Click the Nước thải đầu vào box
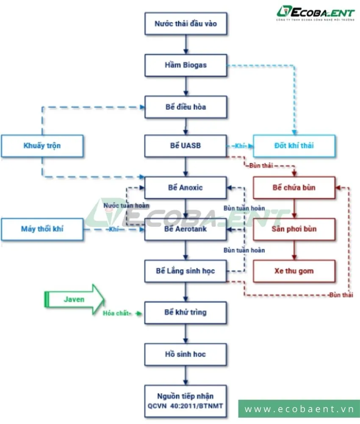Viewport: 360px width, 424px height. [x=186, y=24]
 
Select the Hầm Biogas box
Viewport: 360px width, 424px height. [x=186, y=65]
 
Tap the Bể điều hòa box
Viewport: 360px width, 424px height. [x=186, y=107]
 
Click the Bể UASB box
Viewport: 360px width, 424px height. [x=186, y=146]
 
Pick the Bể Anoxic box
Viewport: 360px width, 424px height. [x=186, y=187]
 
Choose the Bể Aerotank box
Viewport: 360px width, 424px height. [x=186, y=229]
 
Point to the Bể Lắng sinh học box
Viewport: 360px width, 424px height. [x=186, y=271]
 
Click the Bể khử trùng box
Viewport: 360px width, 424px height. [x=186, y=312]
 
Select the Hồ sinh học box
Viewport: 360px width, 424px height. [x=186, y=354]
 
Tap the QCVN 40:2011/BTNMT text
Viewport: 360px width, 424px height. [x=186, y=405]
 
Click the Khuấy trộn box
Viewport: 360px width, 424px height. [x=42, y=146]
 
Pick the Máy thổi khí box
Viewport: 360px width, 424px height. [x=42, y=229]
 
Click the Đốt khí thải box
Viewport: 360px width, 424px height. [x=294, y=146]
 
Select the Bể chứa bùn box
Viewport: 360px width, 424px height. [x=294, y=187]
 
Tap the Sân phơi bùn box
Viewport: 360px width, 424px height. [x=294, y=229]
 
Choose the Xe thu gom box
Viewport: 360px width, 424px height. [x=294, y=271]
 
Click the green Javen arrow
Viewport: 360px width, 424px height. [x=75, y=299]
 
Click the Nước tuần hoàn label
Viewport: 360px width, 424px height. [x=126, y=205]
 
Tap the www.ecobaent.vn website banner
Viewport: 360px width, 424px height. [x=299, y=409]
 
